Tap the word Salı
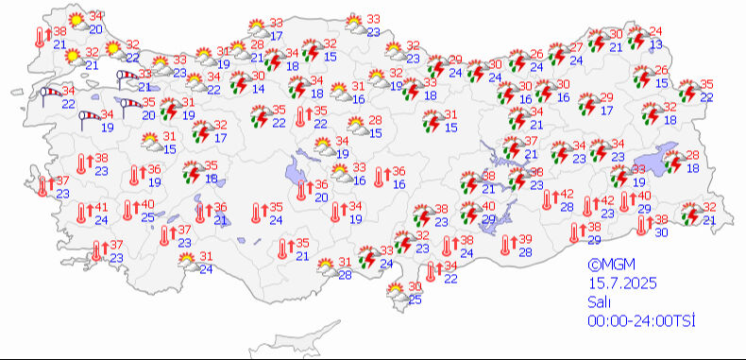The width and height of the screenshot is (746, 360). pos(598,302)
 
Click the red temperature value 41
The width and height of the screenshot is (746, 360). pos(100,208)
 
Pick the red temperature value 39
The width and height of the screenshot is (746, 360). pos(525,238)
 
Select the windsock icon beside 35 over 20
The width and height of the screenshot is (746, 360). pos(127,103)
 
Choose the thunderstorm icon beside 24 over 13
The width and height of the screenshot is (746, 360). pos(637,38)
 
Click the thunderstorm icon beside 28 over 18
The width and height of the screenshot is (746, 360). pos(673,163)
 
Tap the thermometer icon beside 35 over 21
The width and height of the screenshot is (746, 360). pos(283,249)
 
